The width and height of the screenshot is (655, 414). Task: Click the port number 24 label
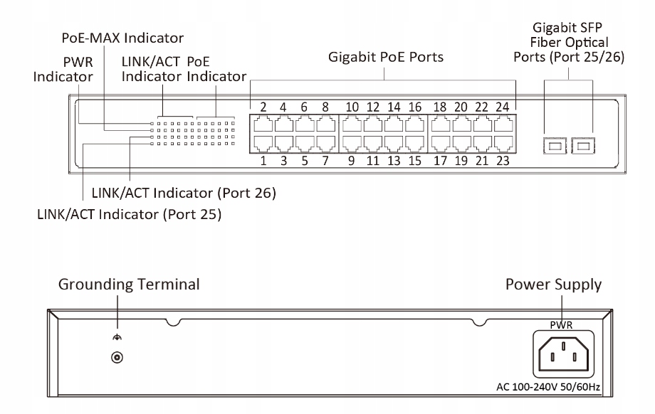tap(503, 107)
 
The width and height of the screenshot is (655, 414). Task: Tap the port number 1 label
tap(263, 161)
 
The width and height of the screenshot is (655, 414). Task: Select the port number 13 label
tap(394, 161)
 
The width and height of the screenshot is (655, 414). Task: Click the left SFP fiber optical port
tap(555, 147)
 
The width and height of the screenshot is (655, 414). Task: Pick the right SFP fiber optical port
tap(585, 147)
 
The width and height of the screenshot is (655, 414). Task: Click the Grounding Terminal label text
tap(128, 285)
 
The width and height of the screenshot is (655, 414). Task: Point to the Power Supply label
tap(553, 285)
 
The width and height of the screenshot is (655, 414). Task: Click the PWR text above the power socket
tap(562, 324)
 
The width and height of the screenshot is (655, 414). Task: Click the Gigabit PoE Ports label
tap(385, 57)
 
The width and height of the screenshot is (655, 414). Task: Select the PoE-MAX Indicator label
tap(122, 38)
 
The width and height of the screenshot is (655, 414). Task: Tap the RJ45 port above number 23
tap(503, 142)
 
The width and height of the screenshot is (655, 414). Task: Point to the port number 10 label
tap(352, 107)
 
